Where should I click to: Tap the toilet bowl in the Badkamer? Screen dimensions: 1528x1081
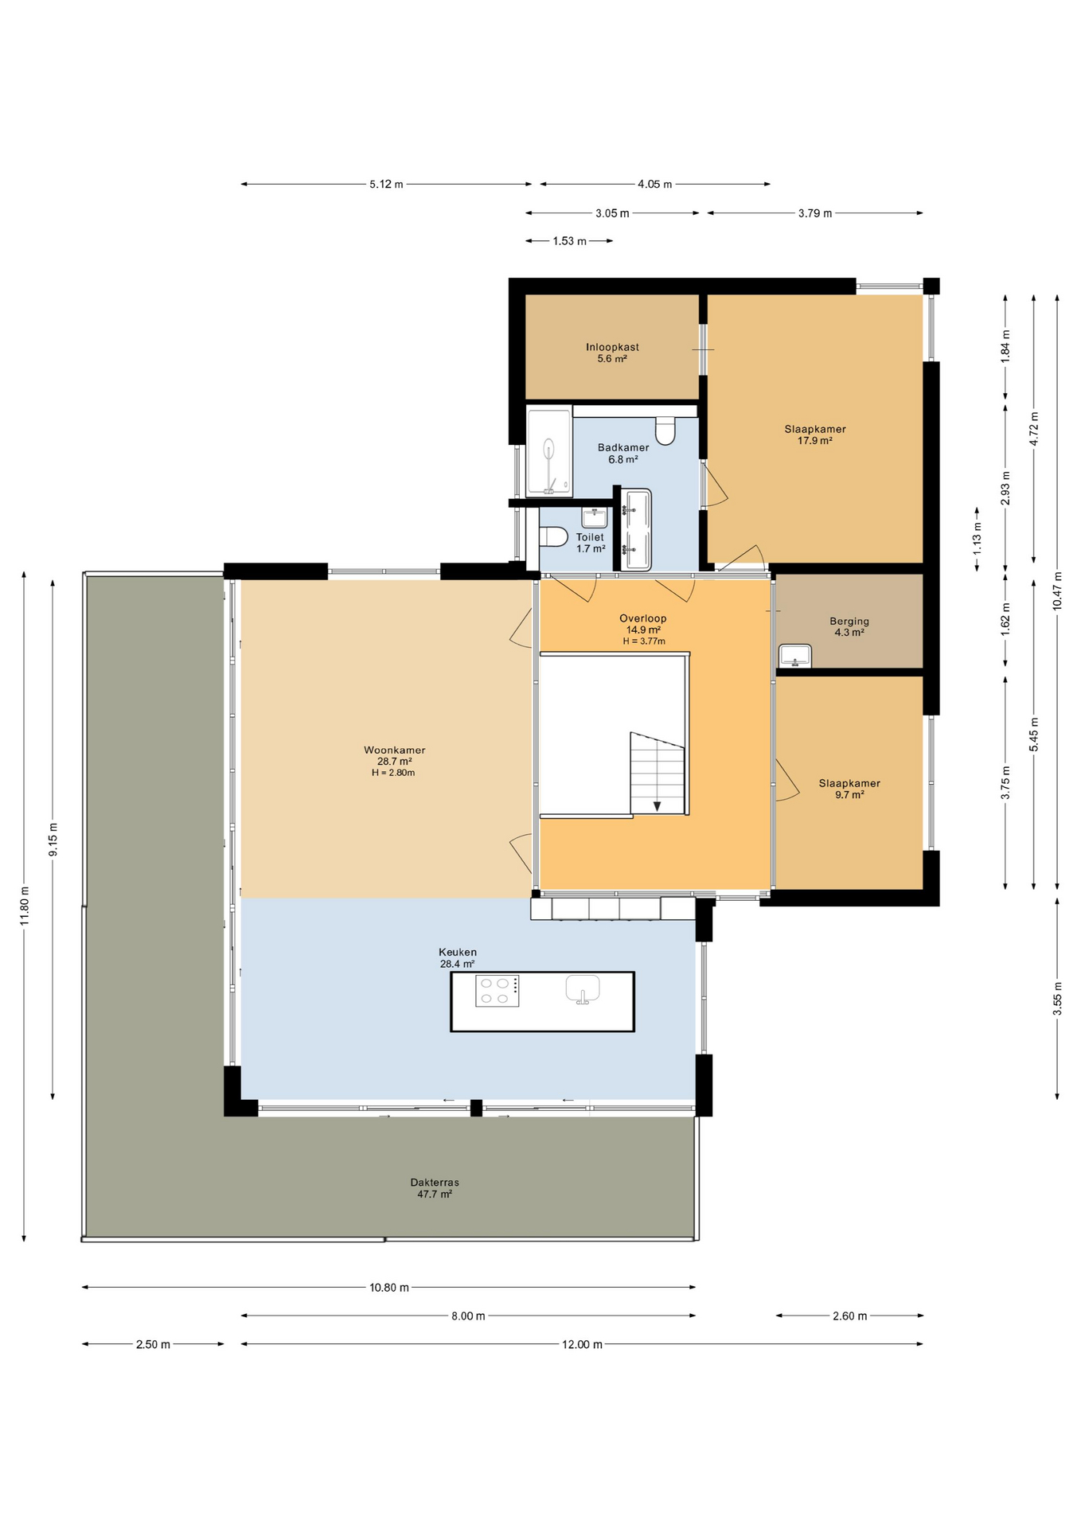(665, 431)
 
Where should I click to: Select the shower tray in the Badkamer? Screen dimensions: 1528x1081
(549, 451)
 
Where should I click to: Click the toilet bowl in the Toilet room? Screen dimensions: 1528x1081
(552, 537)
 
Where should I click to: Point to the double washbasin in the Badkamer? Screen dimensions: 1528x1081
(636, 529)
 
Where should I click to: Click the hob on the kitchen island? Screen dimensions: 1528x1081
(497, 991)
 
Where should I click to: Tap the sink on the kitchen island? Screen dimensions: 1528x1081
(583, 989)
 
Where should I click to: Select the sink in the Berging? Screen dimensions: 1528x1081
(794, 656)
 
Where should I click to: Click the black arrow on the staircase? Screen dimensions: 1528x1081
(657, 806)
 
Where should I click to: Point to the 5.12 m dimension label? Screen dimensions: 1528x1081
(386, 184)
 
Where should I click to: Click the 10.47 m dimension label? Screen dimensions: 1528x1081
(1057, 591)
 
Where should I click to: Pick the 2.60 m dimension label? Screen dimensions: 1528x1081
(849, 1316)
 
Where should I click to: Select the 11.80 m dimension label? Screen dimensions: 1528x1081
(25, 906)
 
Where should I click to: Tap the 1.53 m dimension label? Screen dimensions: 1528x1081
(569, 241)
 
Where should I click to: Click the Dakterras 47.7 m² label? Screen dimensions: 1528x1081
(435, 1188)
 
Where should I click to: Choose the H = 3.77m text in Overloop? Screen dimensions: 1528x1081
(643, 641)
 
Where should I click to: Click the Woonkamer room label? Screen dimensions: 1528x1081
(394, 750)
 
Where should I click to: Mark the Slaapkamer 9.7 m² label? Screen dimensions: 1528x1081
(849, 789)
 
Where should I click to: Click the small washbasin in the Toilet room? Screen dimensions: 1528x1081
(594, 518)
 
